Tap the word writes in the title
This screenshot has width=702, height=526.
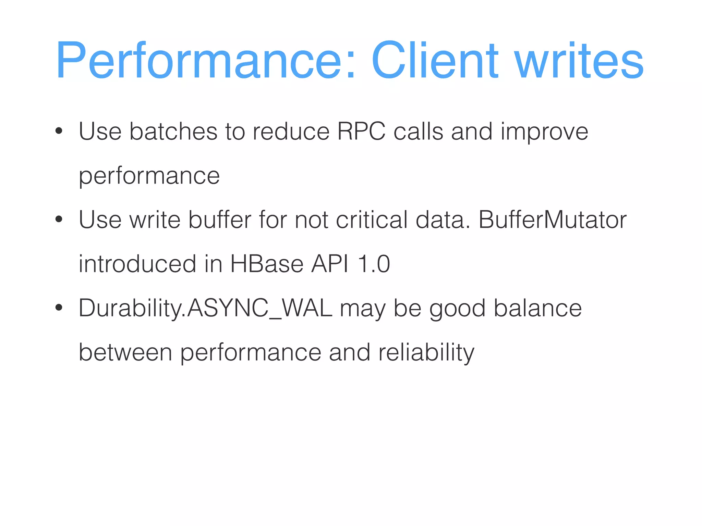579,61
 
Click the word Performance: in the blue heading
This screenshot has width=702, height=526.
206,61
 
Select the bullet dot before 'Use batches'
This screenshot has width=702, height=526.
59,131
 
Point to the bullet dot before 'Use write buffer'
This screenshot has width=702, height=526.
59,220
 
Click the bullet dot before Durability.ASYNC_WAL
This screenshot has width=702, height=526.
59,308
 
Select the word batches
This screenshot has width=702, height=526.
173,131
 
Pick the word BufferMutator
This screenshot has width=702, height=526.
552,220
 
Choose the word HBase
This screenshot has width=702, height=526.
267,264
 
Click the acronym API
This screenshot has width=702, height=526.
330,264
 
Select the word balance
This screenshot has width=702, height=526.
537,308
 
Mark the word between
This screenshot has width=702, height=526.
125,352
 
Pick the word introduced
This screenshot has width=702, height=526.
137,264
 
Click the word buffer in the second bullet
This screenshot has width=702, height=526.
220,220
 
